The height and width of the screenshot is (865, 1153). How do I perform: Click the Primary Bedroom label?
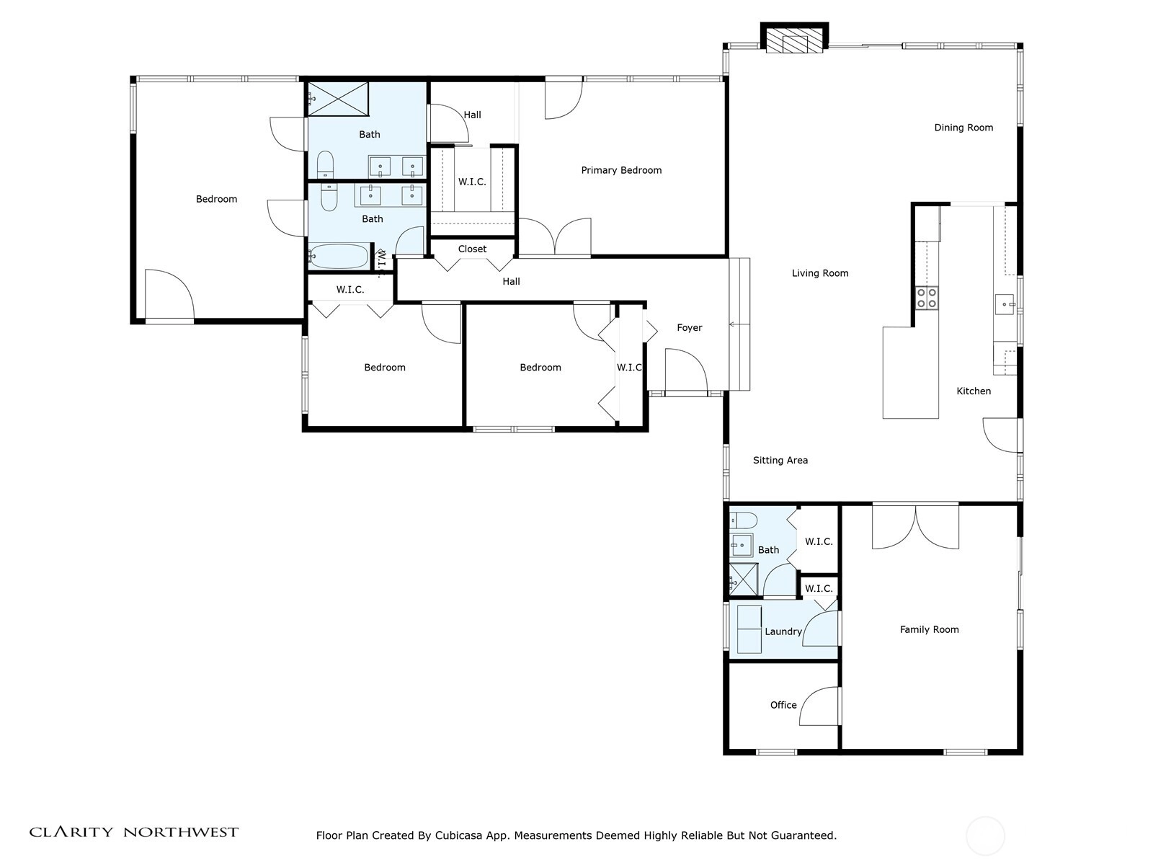(x=621, y=170)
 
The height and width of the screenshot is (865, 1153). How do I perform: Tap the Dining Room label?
(x=963, y=128)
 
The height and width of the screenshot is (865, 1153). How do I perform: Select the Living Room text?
(x=820, y=273)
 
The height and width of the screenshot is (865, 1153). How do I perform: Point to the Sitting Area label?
(x=780, y=461)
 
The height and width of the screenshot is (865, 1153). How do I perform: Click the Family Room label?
(x=929, y=629)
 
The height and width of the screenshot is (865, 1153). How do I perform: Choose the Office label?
(x=783, y=705)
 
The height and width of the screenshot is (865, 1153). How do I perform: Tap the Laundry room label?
(x=783, y=631)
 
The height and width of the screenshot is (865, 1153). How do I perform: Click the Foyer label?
(x=689, y=328)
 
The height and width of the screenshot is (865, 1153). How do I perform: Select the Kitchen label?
(x=974, y=391)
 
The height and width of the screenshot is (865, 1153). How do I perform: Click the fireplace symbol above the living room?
(x=794, y=38)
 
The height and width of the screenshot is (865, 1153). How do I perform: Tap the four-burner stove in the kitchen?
(x=927, y=298)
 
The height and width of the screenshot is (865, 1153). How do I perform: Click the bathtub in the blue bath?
(x=338, y=256)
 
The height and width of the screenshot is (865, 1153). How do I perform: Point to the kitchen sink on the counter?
(x=1005, y=304)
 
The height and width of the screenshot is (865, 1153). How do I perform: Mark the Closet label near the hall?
(x=472, y=249)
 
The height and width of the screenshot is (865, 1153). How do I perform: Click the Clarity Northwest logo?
(x=133, y=832)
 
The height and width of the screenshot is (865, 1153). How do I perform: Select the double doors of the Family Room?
(x=916, y=527)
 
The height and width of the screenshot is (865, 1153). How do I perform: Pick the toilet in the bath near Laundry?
(x=743, y=520)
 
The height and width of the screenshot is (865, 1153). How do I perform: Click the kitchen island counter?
(x=910, y=373)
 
